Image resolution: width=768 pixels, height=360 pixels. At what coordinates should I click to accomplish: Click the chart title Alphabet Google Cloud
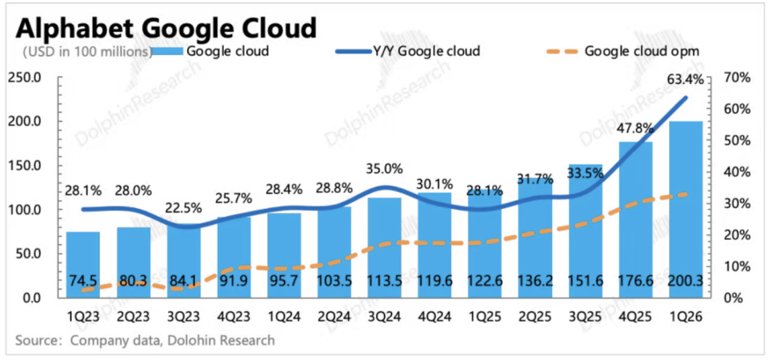(166, 30)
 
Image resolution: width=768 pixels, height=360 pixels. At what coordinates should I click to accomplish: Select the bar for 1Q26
(686, 209)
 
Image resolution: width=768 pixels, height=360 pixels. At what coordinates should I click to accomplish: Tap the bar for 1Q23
(83, 265)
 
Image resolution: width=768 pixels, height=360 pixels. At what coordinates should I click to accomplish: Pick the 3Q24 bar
(385, 247)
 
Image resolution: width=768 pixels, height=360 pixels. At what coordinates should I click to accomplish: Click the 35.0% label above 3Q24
(385, 169)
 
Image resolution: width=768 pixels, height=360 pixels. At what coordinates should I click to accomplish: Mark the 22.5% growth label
(184, 208)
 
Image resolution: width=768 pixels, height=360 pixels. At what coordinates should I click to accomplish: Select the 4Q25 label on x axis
(636, 317)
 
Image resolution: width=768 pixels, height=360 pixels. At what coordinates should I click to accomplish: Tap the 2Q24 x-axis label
(334, 317)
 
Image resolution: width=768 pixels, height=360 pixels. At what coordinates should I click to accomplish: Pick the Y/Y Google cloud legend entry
(407, 50)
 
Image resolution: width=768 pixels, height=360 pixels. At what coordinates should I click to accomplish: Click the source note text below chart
(145, 340)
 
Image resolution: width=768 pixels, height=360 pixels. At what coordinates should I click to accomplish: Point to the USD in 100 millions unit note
(86, 51)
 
